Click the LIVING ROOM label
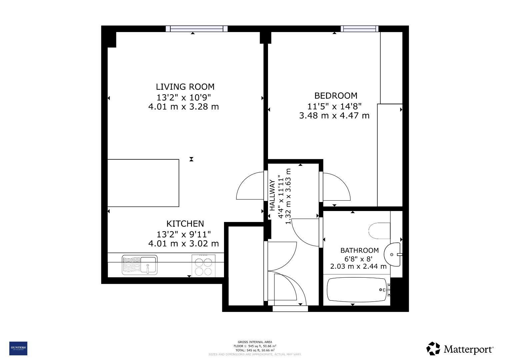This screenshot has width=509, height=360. (185, 87)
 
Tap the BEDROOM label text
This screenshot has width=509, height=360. (336, 96)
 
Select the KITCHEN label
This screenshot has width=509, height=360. (185, 223)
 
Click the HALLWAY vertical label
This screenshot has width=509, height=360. (272, 195)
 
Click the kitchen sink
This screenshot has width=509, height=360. (139, 265)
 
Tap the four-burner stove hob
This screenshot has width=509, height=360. (203, 265)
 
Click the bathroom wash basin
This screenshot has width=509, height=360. (393, 255)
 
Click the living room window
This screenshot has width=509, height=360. (197, 29)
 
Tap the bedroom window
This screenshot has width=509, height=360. (360, 29)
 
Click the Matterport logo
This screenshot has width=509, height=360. (460, 349)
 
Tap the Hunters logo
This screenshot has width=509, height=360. (18, 348)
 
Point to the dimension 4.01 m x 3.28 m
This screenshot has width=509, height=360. (183, 107)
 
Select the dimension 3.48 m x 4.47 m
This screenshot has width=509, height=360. (334, 116)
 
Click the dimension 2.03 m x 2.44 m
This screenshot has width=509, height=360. (358, 266)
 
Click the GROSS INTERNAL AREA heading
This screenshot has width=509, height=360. (255, 342)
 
